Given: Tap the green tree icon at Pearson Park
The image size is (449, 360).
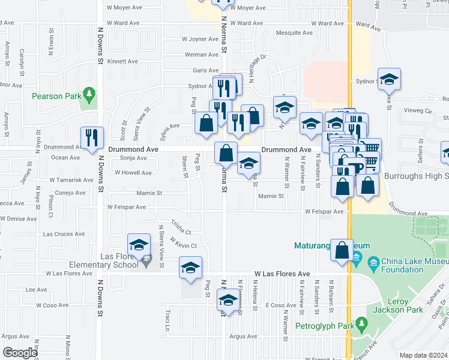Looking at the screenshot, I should click(89, 94).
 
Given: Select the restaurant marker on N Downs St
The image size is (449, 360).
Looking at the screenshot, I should click(92, 137).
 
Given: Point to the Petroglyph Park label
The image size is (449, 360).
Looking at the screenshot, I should click(324, 327).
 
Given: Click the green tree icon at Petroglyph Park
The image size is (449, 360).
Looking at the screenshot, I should click(361, 325).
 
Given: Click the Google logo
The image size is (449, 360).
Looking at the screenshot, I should click(19, 352).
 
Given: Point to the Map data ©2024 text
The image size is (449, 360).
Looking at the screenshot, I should click(423, 355).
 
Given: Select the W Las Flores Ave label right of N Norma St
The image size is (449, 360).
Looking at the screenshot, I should click(282, 274).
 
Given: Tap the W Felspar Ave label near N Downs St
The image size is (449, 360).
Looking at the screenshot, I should click(127, 207).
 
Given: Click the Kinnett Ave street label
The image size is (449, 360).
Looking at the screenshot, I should click(122, 61).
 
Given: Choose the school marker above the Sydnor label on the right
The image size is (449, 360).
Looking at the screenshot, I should click(389, 79).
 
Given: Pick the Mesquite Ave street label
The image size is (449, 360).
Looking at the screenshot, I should click(294, 33).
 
